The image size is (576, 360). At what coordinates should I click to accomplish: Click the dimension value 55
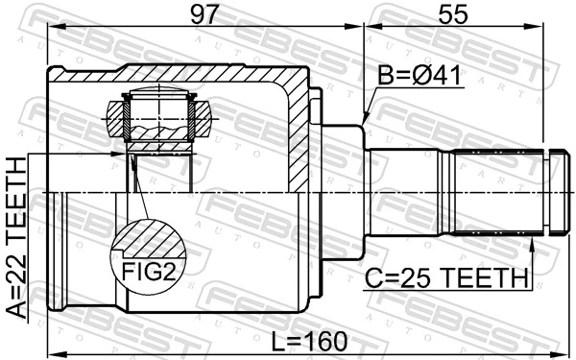tap(453, 14)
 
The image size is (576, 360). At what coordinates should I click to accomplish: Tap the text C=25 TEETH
tap(446, 279)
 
